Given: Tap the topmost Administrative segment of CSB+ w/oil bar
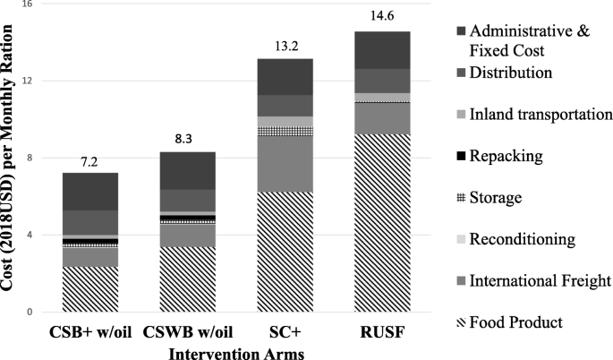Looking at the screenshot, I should (x=89, y=191).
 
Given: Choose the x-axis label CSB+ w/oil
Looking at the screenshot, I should (x=89, y=334).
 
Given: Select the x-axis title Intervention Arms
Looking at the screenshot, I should (x=237, y=352).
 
